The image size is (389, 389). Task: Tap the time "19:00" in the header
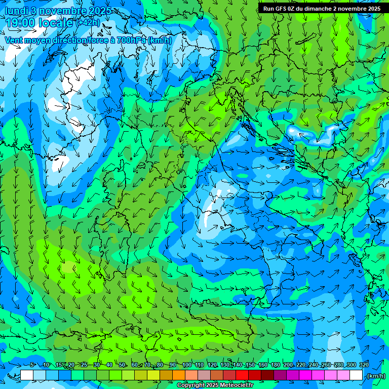click(x=20, y=23)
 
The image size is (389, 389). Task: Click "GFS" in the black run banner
click(x=283, y=9)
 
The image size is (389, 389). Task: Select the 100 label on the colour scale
click(x=187, y=365)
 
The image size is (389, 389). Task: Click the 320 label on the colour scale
click(x=364, y=365)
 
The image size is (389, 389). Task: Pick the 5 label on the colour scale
click(x=32, y=365)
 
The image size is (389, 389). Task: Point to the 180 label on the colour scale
click(x=275, y=365)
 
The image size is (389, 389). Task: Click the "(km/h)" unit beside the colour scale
click(x=376, y=376)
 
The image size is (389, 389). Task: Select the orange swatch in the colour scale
click(x=179, y=375)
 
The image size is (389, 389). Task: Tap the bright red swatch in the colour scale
click(x=242, y=375)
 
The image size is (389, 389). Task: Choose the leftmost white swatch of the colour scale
click(x=27, y=375)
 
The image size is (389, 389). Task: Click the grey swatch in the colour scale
click(x=204, y=375)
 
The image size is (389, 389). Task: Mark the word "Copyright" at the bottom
click(x=191, y=385)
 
